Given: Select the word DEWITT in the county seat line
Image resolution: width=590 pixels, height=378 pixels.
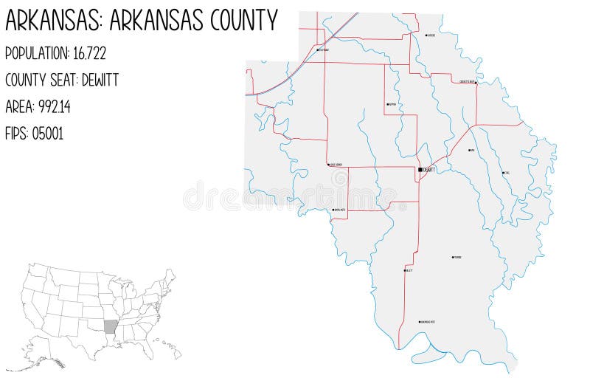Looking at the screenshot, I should click(x=97, y=80).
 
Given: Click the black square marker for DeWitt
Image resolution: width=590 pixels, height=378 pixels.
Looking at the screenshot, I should click(x=420, y=169).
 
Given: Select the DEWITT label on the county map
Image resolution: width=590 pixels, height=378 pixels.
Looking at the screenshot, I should click(x=429, y=170).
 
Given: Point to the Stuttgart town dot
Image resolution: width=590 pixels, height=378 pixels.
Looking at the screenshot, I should click(x=317, y=49).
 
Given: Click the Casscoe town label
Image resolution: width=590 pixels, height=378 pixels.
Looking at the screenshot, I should click(x=431, y=35).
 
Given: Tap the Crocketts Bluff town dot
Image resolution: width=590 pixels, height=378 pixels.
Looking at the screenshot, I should click(x=476, y=82).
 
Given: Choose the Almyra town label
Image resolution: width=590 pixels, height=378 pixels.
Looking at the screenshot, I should click(x=392, y=104).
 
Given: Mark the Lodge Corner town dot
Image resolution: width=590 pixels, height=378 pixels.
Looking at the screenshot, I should click(x=328, y=165).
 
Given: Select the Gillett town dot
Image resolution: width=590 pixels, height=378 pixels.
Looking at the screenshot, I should click(x=404, y=270).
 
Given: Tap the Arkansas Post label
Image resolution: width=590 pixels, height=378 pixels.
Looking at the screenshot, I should click(x=428, y=322).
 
